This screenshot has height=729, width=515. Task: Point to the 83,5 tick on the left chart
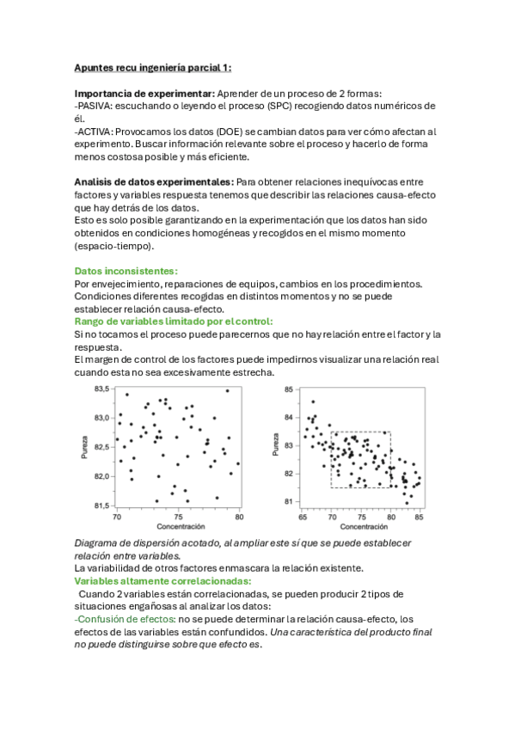[x=101, y=389]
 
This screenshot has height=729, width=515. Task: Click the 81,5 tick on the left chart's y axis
[x=101, y=505]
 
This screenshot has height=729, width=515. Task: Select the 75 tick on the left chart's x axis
[x=178, y=518]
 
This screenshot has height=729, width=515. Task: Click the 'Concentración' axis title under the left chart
[x=180, y=526]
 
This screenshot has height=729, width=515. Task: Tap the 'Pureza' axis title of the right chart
[x=277, y=444]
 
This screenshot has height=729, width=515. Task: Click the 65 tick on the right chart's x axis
[x=303, y=518]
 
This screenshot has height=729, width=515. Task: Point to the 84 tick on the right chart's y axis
[x=290, y=418]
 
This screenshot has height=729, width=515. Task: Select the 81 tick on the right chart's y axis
[x=290, y=501]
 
